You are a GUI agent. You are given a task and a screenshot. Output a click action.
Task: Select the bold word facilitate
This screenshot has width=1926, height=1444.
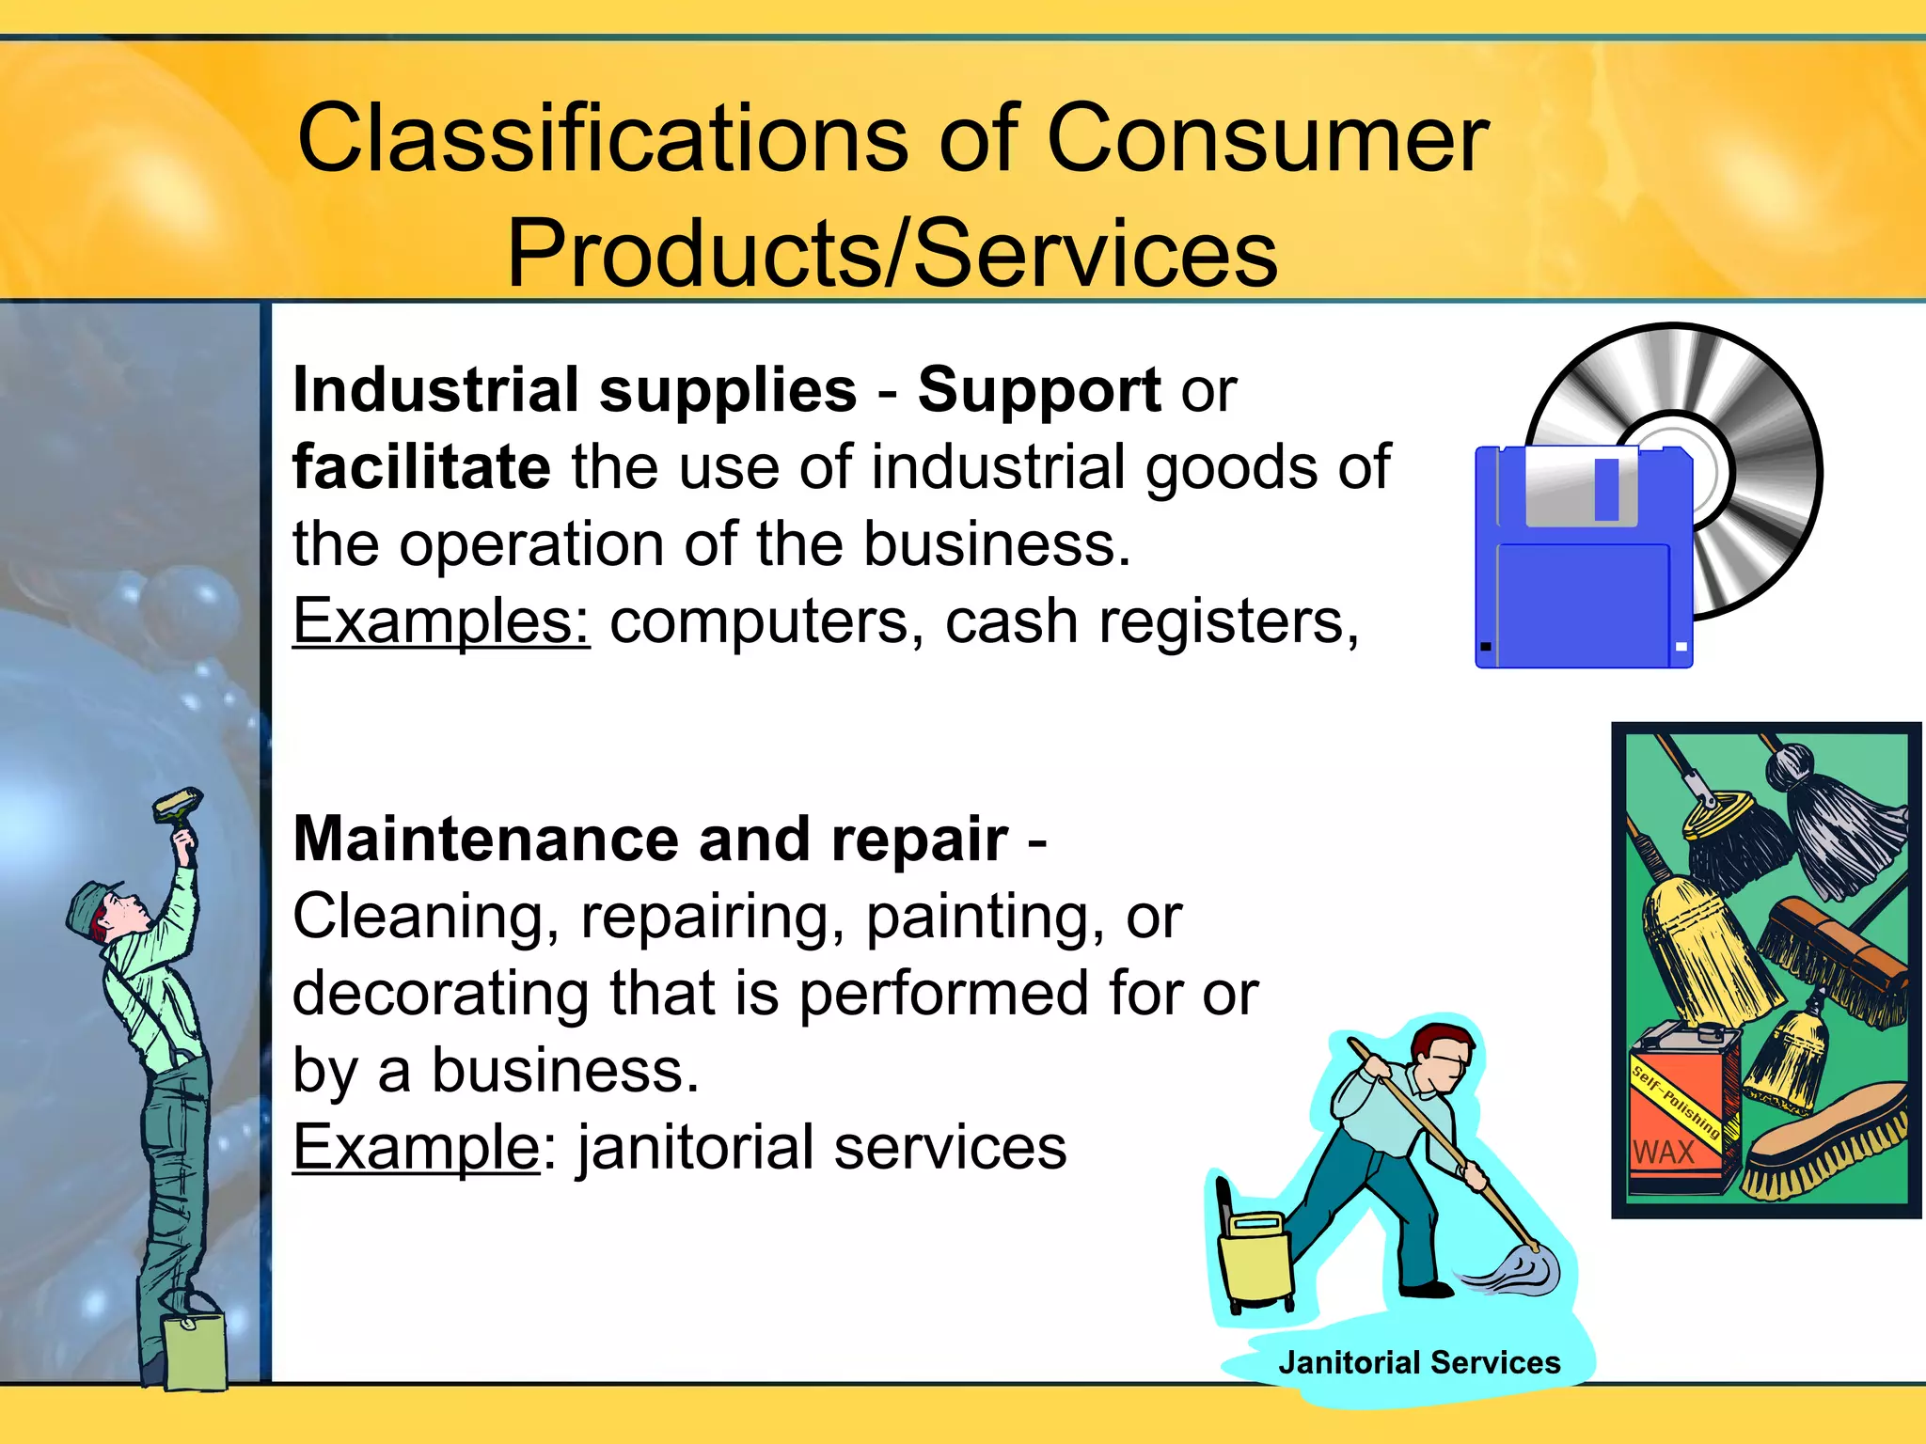(421, 467)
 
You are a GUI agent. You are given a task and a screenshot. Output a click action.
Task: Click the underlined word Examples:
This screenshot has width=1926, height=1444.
(441, 622)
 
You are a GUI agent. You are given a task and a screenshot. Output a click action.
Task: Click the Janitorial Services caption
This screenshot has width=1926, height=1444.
(1418, 1362)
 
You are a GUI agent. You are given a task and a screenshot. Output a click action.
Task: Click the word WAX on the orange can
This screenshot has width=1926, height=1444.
(1663, 1152)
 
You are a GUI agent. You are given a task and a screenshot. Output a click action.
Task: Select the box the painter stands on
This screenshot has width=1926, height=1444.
(195, 1350)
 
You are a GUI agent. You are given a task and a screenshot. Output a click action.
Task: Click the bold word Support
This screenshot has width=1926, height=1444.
(1039, 390)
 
